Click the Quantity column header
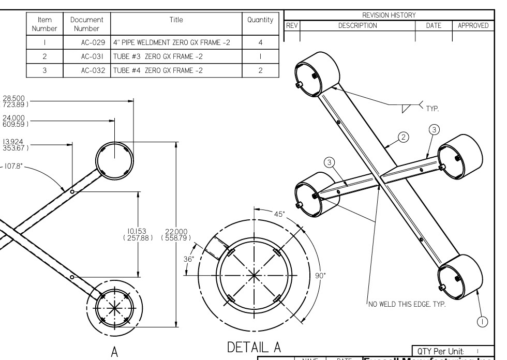[x=260, y=20]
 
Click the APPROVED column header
[x=473, y=25]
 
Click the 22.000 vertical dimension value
[x=176, y=234]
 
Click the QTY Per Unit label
[x=440, y=350]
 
